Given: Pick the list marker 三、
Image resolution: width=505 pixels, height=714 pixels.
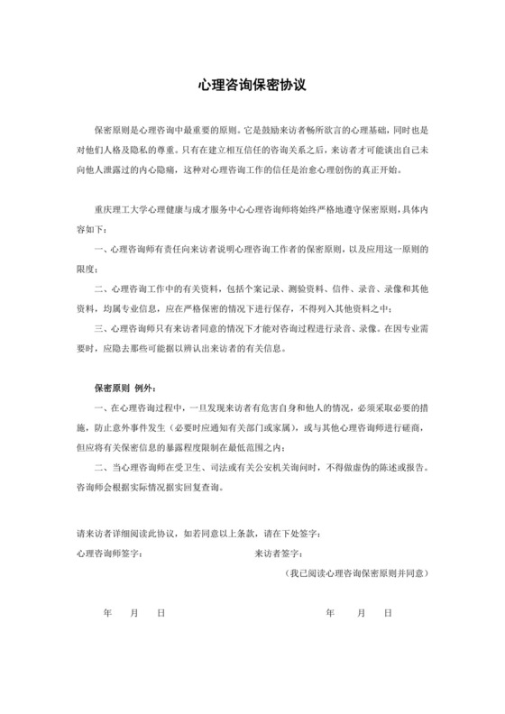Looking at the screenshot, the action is pos(100,329).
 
